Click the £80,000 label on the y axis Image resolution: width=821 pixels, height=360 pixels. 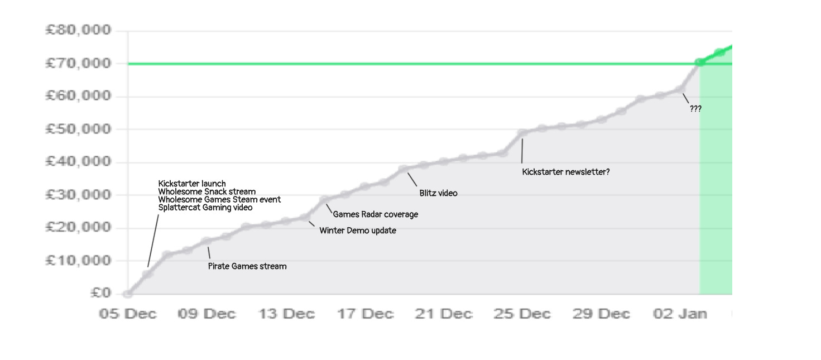78,30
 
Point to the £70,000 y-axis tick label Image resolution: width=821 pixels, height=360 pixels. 78,63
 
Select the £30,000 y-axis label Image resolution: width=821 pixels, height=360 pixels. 78,195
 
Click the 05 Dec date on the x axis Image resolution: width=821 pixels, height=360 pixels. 128,314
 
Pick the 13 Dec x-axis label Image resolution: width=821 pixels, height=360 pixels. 286,314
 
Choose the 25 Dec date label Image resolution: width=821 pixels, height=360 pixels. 522,314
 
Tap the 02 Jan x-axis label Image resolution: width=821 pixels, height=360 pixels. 680,314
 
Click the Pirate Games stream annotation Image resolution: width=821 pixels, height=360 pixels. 247,266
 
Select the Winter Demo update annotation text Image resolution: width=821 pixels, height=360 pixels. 358,231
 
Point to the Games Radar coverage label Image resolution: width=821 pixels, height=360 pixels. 375,214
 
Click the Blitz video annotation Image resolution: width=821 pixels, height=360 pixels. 438,193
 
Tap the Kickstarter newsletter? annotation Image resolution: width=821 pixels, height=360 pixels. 566,172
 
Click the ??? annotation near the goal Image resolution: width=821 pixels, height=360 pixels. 695,109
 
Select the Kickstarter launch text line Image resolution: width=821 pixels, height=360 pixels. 192,184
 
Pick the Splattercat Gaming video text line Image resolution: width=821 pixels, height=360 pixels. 205,208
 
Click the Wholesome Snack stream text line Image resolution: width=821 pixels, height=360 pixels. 207,191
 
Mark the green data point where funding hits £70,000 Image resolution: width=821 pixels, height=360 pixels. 699,62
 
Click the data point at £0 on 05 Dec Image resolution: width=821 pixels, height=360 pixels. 128,294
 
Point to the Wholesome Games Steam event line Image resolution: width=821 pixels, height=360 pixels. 219,199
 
